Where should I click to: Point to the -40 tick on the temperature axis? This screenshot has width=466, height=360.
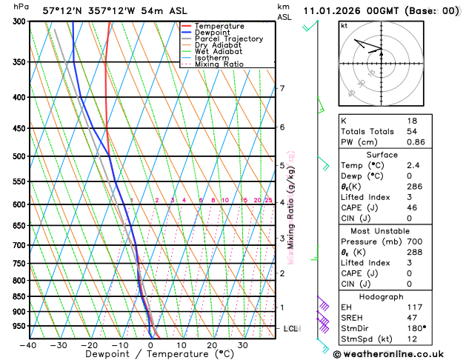point(29,345)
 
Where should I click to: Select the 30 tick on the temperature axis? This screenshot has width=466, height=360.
point(242,345)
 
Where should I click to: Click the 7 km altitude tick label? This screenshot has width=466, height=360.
point(282,89)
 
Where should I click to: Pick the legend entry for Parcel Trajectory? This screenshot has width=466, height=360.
point(228,39)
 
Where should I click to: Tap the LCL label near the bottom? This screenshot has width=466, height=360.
point(290,328)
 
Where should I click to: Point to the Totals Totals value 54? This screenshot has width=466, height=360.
point(412,131)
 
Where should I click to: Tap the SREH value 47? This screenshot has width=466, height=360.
point(412,316)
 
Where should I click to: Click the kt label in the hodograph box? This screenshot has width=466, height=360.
point(344,25)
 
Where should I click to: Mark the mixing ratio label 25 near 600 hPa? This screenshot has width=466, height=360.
point(268,201)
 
